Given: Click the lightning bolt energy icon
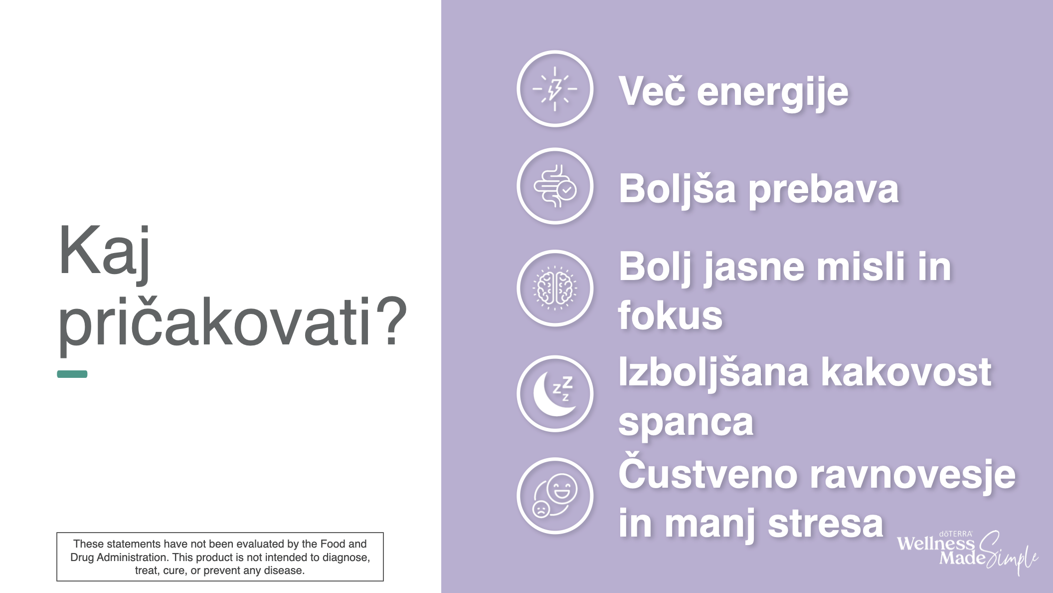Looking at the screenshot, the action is pyautogui.click(x=555, y=89).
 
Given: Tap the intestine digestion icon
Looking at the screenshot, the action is pyautogui.click(x=555, y=186).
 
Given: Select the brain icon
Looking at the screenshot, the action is pyautogui.click(x=555, y=289).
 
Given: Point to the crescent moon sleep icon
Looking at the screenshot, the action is pyautogui.click(x=555, y=394).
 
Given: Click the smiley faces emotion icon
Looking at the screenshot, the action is pyautogui.click(x=555, y=496).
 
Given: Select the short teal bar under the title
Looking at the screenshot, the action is pyautogui.click(x=72, y=374).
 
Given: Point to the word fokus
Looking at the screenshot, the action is pyautogui.click(x=670, y=315).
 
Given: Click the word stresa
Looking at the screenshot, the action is pyautogui.click(x=825, y=525).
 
